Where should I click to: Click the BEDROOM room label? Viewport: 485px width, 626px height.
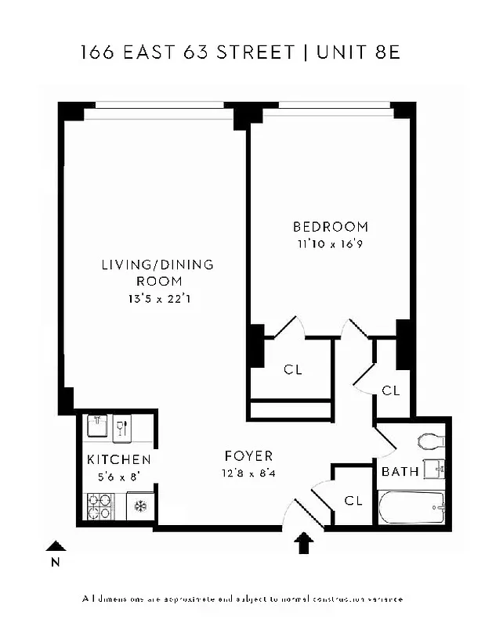(x=330, y=227)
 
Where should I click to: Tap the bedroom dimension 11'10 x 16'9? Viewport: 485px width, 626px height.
(x=330, y=243)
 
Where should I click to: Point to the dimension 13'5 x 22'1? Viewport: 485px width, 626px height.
(x=158, y=298)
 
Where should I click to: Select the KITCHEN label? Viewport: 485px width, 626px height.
(x=118, y=459)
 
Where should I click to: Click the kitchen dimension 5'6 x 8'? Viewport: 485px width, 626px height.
(x=118, y=476)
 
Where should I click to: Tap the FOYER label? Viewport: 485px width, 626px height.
(x=248, y=455)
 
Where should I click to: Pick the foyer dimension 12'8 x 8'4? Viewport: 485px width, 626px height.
(x=248, y=472)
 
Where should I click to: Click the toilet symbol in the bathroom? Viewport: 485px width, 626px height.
(x=431, y=441)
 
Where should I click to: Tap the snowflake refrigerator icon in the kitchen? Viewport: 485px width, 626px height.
(x=141, y=505)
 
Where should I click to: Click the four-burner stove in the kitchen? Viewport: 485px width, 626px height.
(x=100, y=505)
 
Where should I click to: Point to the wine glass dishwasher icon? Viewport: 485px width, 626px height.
(x=122, y=427)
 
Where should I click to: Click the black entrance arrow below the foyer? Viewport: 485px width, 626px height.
(x=304, y=542)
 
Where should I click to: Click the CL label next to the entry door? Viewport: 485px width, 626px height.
(x=353, y=499)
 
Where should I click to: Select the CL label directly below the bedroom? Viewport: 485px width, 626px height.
(x=293, y=369)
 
